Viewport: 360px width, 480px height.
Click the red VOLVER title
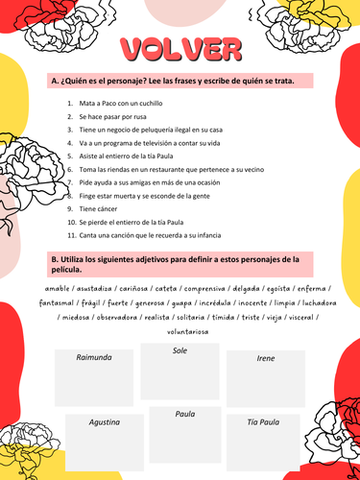click(180, 47)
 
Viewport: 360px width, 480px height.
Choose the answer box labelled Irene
click(265, 381)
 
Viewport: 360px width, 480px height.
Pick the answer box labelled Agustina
click(104, 442)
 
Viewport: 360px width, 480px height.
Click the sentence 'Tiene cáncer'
click(102, 206)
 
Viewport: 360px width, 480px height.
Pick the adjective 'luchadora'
click(306, 300)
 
